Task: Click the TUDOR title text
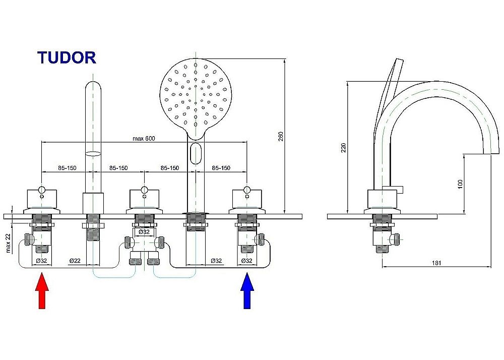pyautogui.click(x=67, y=57)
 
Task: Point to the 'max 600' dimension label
pyautogui.click(x=144, y=139)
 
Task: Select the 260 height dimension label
pyautogui.click(x=281, y=136)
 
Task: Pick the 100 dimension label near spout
pyautogui.click(x=460, y=185)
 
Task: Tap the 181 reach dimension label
pyautogui.click(x=437, y=263)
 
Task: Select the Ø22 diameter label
pyautogui.click(x=75, y=261)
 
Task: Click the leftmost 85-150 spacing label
pyautogui.click(x=67, y=168)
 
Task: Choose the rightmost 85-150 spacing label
pyautogui.click(x=221, y=168)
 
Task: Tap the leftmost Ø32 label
pyautogui.click(x=41, y=261)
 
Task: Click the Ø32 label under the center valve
pyautogui.click(x=144, y=232)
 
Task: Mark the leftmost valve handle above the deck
pyautogui.click(x=42, y=199)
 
